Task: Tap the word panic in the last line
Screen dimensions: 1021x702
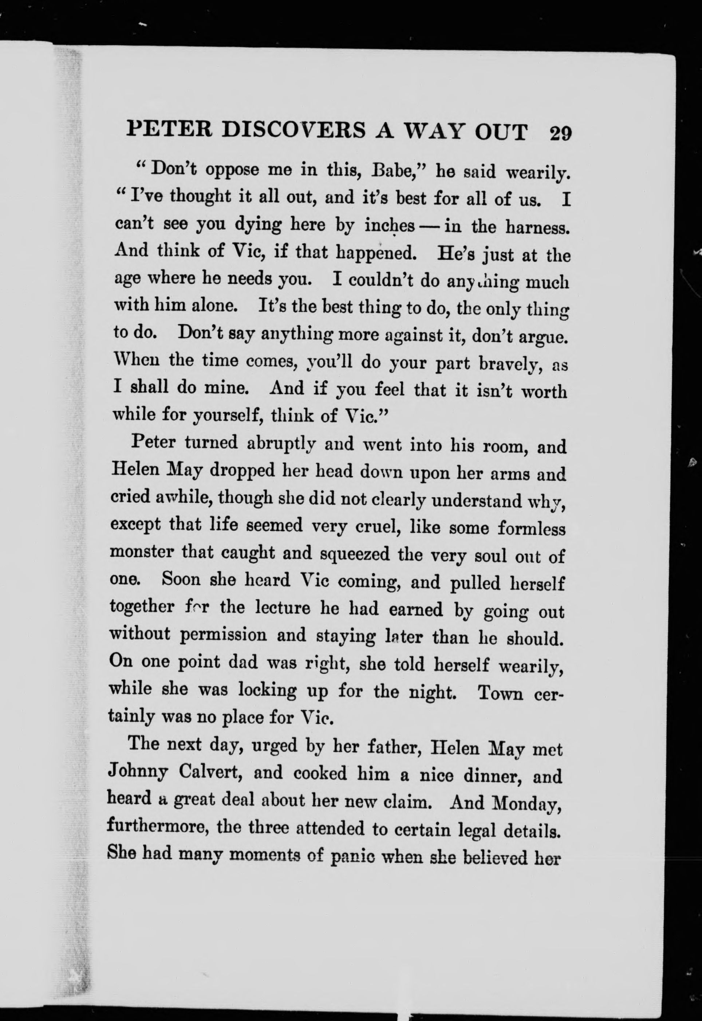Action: (x=352, y=856)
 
